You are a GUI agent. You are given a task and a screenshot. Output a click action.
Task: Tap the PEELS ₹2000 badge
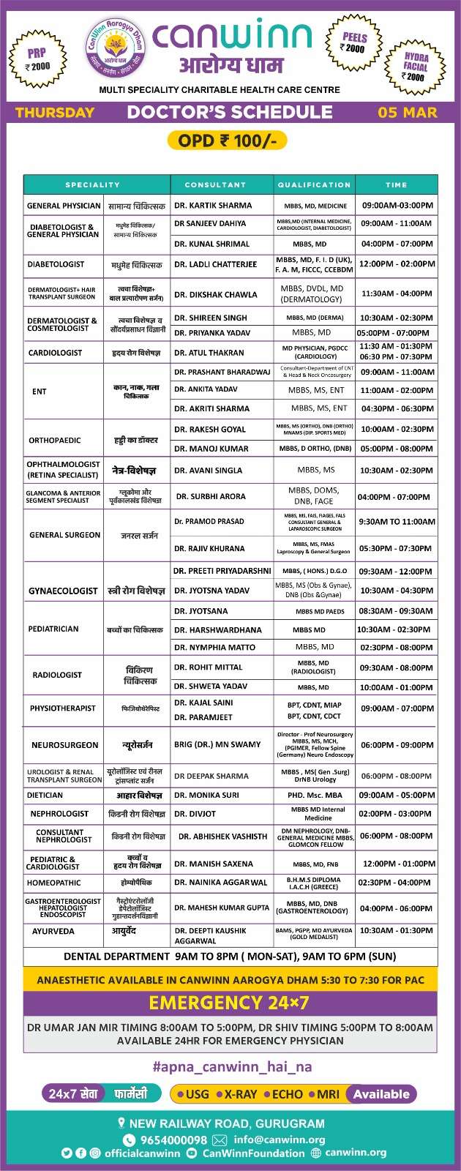pyautogui.click(x=354, y=42)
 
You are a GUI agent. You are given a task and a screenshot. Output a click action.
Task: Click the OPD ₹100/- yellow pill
pyautogui.click(x=227, y=140)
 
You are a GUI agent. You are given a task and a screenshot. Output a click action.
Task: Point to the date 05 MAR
pyautogui.click(x=408, y=113)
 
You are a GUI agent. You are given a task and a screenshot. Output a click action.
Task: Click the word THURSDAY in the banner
pyautogui.click(x=55, y=113)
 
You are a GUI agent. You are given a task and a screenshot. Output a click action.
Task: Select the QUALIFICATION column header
pyautogui.click(x=314, y=185)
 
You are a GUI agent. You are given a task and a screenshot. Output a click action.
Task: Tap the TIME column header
pyautogui.click(x=396, y=185)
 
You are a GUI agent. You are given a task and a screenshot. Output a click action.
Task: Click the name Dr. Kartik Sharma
pyautogui.click(x=213, y=206)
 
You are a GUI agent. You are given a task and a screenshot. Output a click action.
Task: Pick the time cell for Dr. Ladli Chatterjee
pyautogui.click(x=397, y=264)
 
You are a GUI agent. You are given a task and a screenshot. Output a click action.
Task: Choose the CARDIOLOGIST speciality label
pyautogui.click(x=56, y=353)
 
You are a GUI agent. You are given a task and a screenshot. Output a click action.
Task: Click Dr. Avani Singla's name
pyautogui.click(x=208, y=471)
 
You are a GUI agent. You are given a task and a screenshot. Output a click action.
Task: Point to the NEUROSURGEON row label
pyautogui.click(x=64, y=745)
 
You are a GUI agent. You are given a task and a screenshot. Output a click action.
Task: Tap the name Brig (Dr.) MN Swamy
pyautogui.click(x=217, y=744)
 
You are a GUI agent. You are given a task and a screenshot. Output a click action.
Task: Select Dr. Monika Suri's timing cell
pyautogui.click(x=397, y=795)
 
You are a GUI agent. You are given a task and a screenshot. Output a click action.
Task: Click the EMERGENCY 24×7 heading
pyautogui.click(x=229, y=1003)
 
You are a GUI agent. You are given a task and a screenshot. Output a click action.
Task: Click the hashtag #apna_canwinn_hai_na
pyautogui.click(x=232, y=1067)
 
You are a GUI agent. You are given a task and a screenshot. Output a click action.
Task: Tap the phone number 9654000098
pyautogui.click(x=173, y=1140)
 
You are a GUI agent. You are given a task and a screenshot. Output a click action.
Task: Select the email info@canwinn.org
pyautogui.click(x=280, y=1140)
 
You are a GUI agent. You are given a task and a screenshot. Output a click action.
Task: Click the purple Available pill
pyautogui.click(x=381, y=1094)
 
